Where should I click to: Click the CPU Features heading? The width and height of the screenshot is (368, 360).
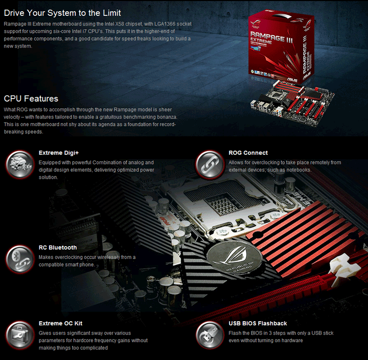[31, 99]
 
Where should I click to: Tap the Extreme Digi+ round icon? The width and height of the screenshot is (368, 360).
[19, 163]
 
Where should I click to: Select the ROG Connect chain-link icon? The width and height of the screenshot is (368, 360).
[210, 163]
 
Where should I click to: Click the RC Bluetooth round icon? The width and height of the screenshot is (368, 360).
[19, 259]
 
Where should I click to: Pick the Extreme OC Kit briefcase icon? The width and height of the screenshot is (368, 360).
[19, 334]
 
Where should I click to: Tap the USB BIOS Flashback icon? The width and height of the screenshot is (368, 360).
[210, 334]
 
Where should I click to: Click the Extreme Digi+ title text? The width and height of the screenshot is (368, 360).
[59, 153]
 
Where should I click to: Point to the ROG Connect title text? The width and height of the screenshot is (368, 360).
[248, 153]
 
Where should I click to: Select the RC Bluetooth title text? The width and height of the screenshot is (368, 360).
[58, 248]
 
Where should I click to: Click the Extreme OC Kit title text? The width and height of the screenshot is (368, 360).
[60, 323]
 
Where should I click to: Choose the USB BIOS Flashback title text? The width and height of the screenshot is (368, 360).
[258, 323]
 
